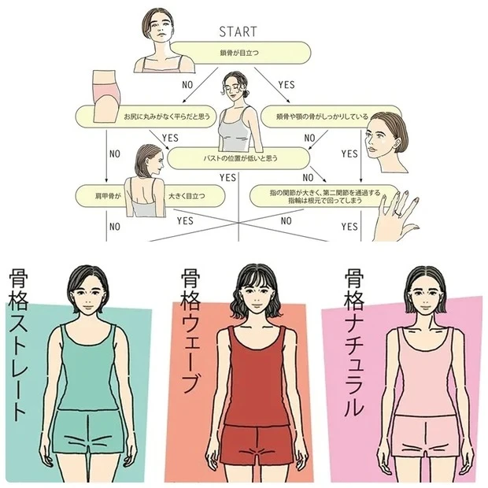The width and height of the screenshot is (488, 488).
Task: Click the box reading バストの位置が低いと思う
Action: [x=228, y=158]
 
